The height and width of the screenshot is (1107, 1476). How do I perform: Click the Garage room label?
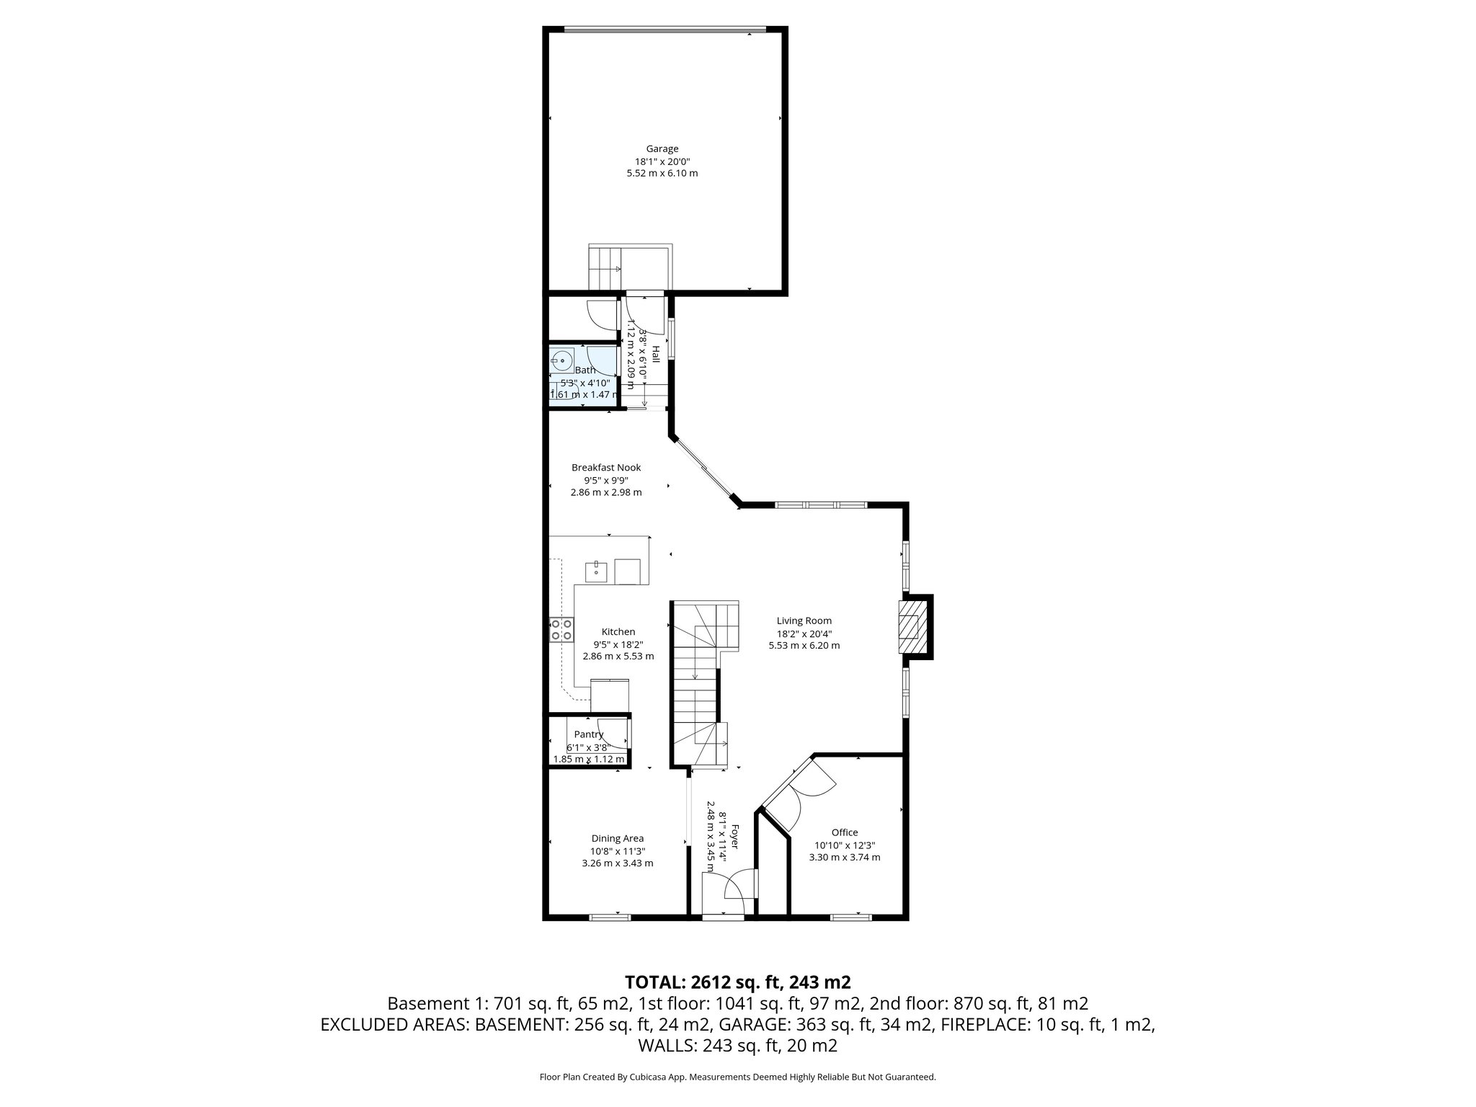pyautogui.click(x=662, y=149)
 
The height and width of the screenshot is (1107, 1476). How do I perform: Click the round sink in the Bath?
pyautogui.click(x=561, y=359)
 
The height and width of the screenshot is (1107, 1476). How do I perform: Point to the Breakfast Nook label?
pyautogui.click(x=605, y=467)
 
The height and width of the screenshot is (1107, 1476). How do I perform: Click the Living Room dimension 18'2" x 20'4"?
pyautogui.click(x=804, y=633)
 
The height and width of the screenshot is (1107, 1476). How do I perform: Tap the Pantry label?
pyautogui.click(x=588, y=734)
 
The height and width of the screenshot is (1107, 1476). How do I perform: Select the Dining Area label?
pyautogui.click(x=617, y=838)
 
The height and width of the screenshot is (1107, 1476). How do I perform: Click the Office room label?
pyautogui.click(x=844, y=832)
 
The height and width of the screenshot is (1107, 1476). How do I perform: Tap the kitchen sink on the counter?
pyautogui.click(x=597, y=572)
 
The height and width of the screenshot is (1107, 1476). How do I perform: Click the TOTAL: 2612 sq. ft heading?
pyautogui.click(x=737, y=982)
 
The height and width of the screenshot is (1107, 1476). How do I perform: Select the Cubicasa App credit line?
pyautogui.click(x=737, y=1077)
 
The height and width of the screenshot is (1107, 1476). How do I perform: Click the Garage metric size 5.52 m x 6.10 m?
pyautogui.click(x=662, y=174)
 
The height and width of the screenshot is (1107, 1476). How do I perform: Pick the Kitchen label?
pyautogui.click(x=618, y=632)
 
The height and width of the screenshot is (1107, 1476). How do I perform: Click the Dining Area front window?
pyautogui.click(x=610, y=917)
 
